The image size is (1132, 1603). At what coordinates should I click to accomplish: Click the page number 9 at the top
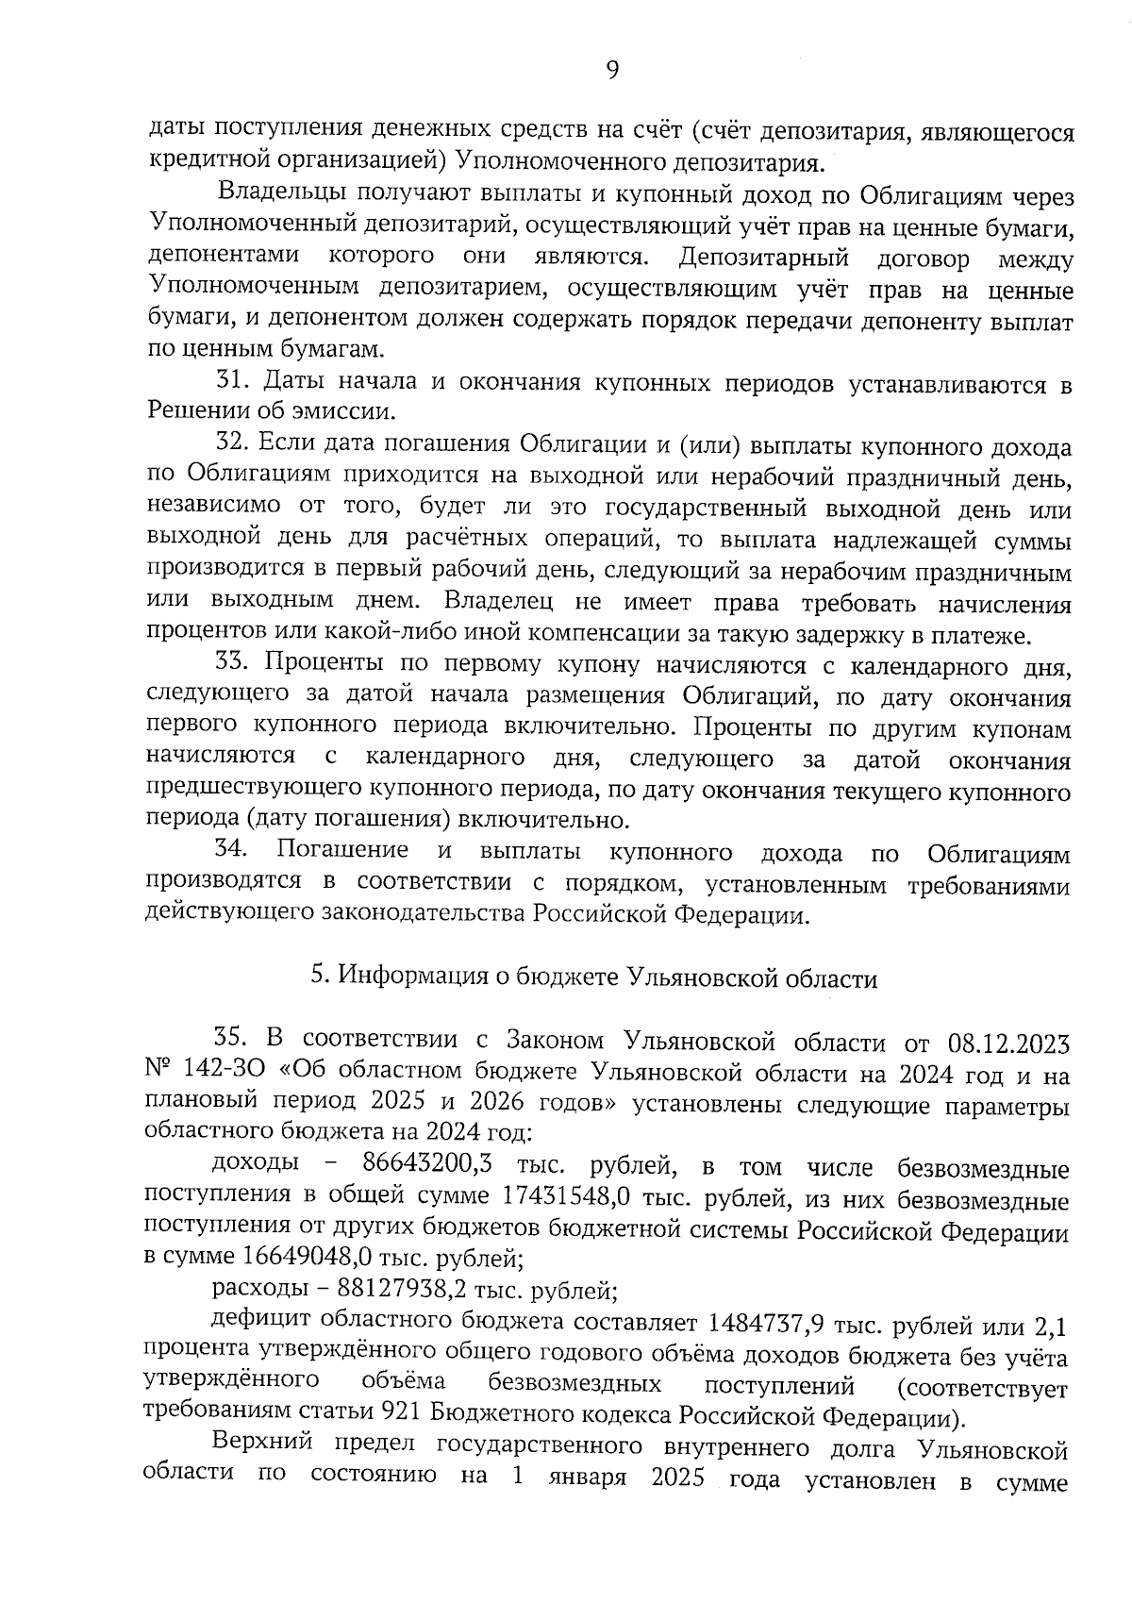click(612, 71)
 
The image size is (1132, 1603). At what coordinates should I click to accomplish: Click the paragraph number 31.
click(232, 382)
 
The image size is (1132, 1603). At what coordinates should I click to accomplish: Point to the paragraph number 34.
click(232, 850)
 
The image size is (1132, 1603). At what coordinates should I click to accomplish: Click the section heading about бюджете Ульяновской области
click(594, 978)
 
